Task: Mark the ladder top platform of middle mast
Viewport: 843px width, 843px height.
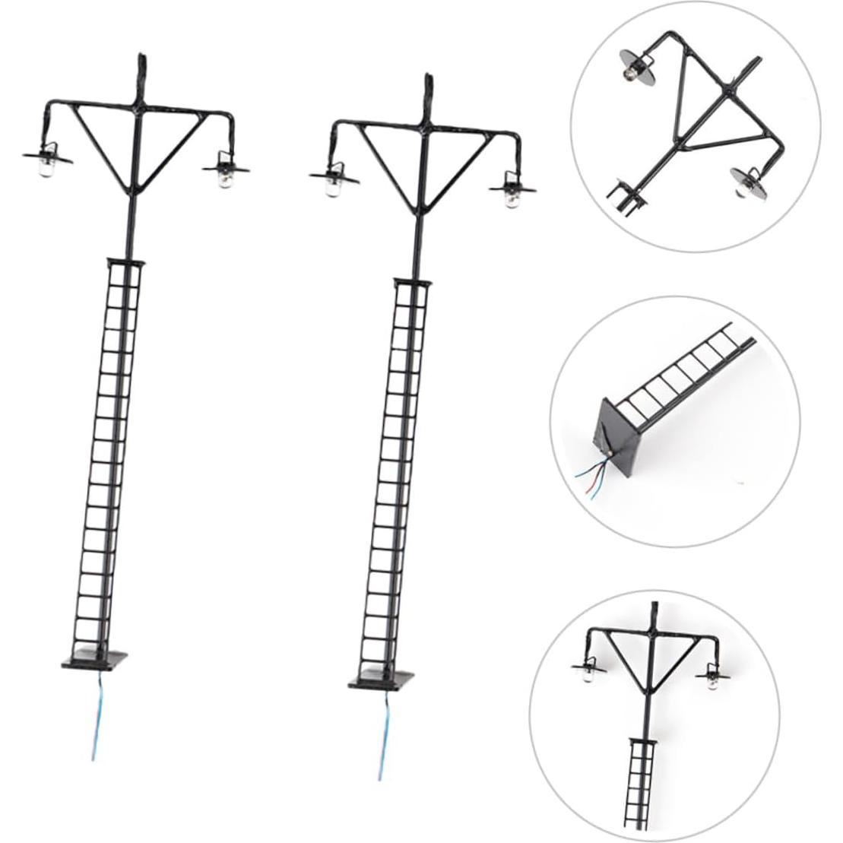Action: pos(410,283)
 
